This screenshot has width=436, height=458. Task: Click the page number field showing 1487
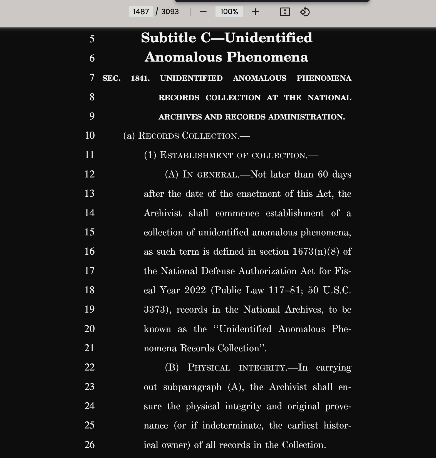pos(141,12)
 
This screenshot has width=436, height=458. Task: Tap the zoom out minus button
pos(203,12)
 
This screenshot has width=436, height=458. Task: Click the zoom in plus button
pos(255,12)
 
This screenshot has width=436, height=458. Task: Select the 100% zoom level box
pos(229,12)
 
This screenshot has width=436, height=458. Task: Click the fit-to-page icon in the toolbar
pos(285,12)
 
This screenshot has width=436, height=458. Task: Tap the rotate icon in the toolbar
pos(305,12)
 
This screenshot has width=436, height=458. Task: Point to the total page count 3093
pos(170,12)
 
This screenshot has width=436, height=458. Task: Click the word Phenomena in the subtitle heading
pos(267,57)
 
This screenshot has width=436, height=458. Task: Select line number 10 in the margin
pos(90,135)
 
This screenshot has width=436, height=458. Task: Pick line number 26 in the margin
pos(90,445)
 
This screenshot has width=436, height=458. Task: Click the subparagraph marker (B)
pos(172,367)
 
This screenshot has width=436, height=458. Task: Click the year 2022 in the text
pos(195,290)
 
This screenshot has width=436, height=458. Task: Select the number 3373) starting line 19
pos(157,310)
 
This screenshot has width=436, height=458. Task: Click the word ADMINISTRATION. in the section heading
pos(306,117)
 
